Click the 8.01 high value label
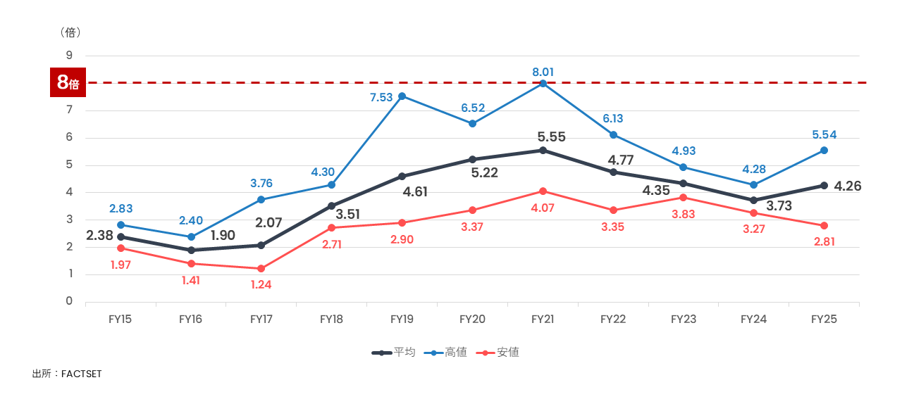(543, 71)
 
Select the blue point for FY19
(402, 96)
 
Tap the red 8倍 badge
(68, 83)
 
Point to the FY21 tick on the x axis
(543, 319)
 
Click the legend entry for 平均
(394, 353)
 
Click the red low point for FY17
(261, 269)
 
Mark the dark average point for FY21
(543, 151)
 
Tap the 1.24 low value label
(261, 285)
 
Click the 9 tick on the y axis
(69, 56)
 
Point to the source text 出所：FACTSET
(67, 374)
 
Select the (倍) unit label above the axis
(70, 32)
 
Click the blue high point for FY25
(824, 151)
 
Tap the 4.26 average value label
(848, 186)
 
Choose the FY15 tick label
(121, 319)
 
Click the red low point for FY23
(684, 198)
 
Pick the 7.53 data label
(381, 98)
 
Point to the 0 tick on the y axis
(69, 301)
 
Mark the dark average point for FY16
(191, 251)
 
